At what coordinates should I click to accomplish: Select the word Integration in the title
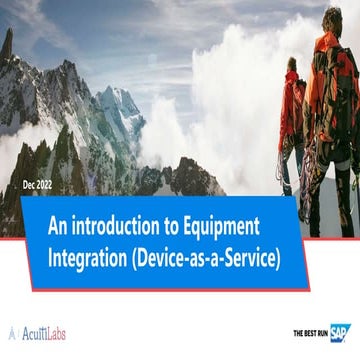click(x=86, y=257)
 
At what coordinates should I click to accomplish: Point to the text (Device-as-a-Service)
click(x=205, y=257)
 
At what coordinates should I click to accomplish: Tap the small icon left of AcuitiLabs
click(x=12, y=333)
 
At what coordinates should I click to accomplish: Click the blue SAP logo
click(x=340, y=333)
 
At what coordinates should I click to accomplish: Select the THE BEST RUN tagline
click(x=310, y=334)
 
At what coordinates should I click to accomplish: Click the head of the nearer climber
click(x=332, y=18)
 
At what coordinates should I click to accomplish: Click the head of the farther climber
click(x=292, y=64)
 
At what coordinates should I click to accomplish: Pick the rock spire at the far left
click(x=8, y=45)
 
